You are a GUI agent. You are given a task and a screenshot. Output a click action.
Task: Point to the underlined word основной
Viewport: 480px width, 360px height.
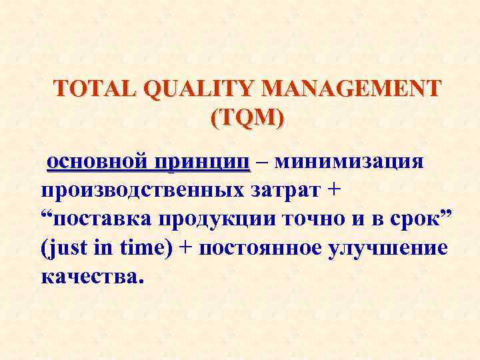point(96,162)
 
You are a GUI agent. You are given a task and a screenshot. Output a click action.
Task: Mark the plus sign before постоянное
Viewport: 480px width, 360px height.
point(187,248)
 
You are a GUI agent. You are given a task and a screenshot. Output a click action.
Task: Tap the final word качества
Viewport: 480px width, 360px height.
point(91,276)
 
